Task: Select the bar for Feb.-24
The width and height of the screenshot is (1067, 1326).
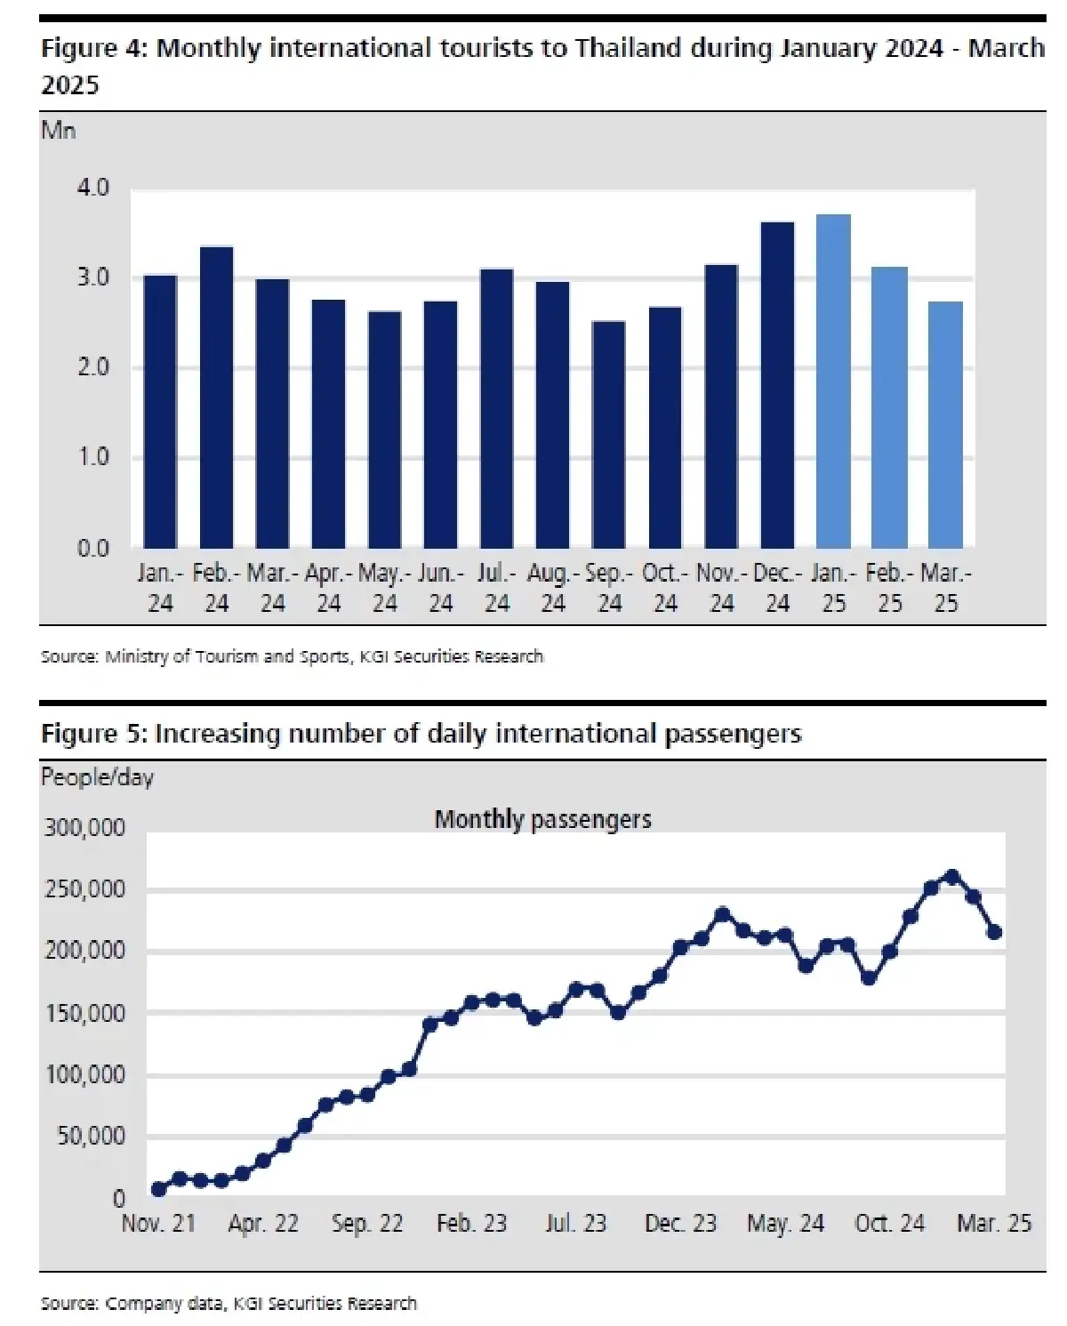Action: (216, 397)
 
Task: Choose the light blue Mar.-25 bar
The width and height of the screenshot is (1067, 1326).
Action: (945, 424)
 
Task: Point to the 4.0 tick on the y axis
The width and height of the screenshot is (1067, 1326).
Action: (92, 188)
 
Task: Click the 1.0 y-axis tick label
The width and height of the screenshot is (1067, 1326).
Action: (92, 457)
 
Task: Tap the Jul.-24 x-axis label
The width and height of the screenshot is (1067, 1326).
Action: (497, 588)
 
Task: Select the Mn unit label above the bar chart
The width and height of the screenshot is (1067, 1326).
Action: (59, 131)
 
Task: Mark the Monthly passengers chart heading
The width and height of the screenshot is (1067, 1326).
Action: (542, 819)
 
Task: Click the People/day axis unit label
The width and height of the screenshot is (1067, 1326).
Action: (97, 777)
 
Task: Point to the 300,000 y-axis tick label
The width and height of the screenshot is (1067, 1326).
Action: (85, 828)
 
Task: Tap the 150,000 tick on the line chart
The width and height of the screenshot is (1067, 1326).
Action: (85, 1013)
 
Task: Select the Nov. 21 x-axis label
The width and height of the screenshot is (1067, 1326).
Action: (158, 1224)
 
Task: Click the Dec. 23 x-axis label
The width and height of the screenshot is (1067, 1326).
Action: (680, 1224)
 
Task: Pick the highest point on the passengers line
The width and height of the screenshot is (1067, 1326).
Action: (952, 877)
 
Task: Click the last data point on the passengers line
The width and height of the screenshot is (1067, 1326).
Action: (995, 932)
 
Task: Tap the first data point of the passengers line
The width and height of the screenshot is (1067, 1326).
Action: (158, 1189)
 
